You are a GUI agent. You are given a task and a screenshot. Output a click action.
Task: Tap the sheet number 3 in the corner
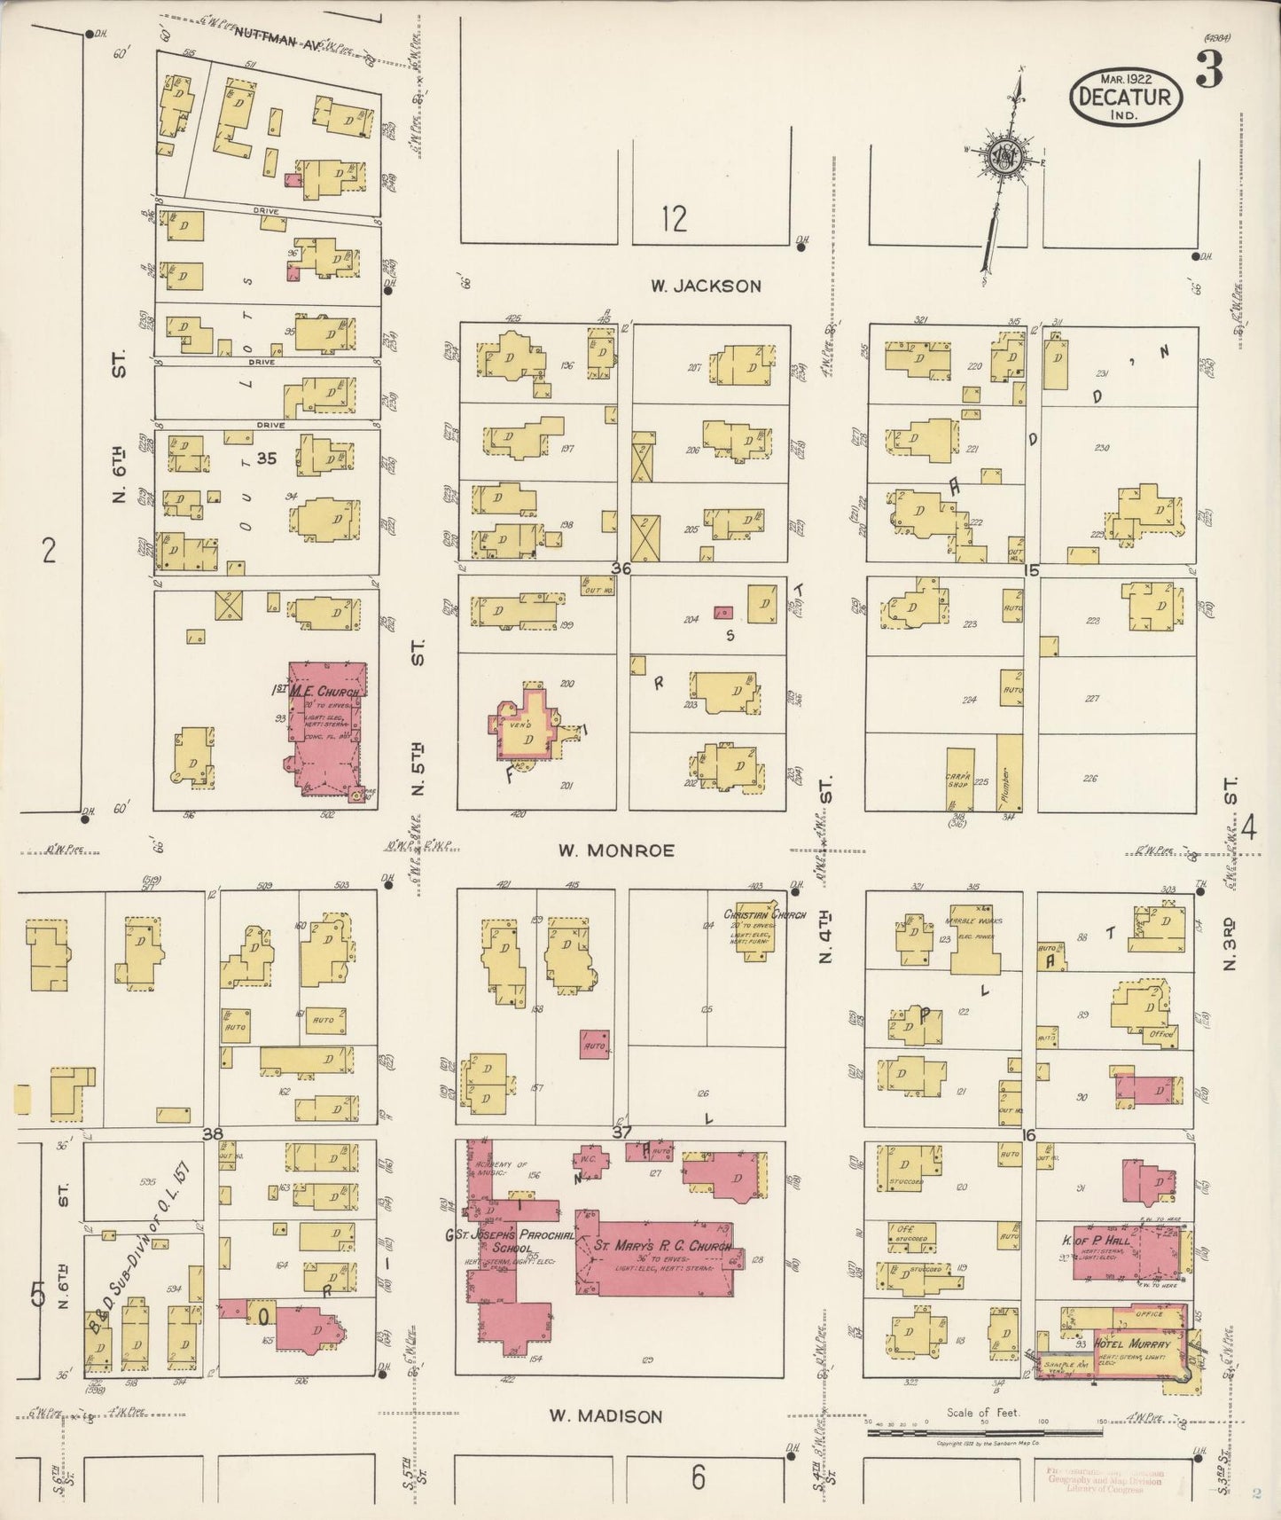click(1207, 68)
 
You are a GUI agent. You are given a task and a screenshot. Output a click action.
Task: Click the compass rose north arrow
click(1006, 160)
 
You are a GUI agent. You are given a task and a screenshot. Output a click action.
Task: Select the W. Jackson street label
click(706, 286)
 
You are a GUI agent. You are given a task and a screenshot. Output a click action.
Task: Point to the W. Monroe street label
click(616, 850)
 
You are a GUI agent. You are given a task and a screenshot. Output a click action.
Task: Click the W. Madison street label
click(605, 1416)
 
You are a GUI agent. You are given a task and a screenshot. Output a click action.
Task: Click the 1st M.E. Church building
click(325, 727)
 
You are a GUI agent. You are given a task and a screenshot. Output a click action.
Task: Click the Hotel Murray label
click(1137, 1344)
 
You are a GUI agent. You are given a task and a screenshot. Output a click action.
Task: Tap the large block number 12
click(674, 218)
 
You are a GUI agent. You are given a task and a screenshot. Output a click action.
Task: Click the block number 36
click(621, 568)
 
